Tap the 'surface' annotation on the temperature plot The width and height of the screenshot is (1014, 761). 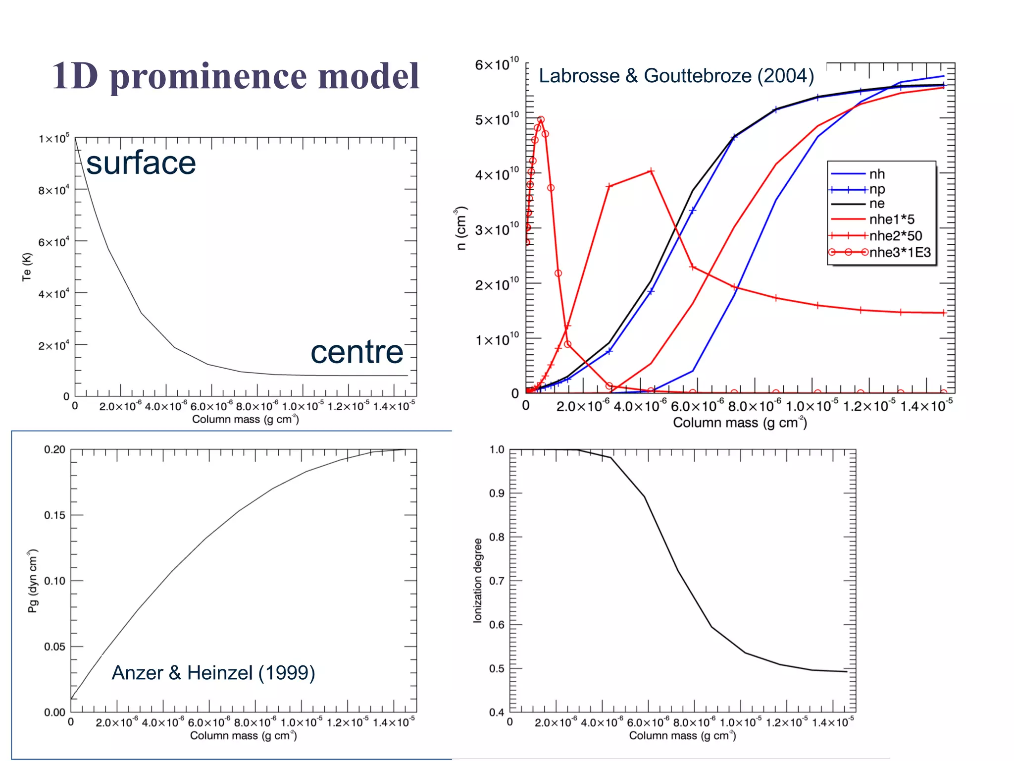(141, 163)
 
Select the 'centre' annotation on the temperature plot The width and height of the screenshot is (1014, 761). (356, 352)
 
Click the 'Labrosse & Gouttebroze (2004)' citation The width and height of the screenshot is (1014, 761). (676, 76)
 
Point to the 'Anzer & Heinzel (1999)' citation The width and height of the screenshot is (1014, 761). (213, 673)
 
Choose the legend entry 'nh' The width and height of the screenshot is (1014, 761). (877, 174)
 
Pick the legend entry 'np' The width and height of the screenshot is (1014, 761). (877, 189)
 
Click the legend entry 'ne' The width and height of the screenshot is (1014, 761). (877, 204)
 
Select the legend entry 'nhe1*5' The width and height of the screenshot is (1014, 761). (892, 219)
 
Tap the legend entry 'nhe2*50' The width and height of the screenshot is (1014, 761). (895, 236)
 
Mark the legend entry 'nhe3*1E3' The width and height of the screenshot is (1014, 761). (900, 252)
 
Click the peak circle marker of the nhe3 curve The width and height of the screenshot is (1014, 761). (541, 120)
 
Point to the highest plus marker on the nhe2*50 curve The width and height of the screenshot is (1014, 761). (651, 171)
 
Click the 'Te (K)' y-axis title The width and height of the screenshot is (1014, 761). (27, 267)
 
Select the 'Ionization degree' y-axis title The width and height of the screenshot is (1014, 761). (477, 580)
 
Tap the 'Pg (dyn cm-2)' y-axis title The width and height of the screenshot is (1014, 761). (33, 581)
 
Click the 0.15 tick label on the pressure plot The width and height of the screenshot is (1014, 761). (54, 515)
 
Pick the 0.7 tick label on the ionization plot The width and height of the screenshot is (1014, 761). (497, 581)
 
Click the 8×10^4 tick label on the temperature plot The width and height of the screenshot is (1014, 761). (53, 190)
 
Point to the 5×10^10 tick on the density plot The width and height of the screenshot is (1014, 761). (497, 120)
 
